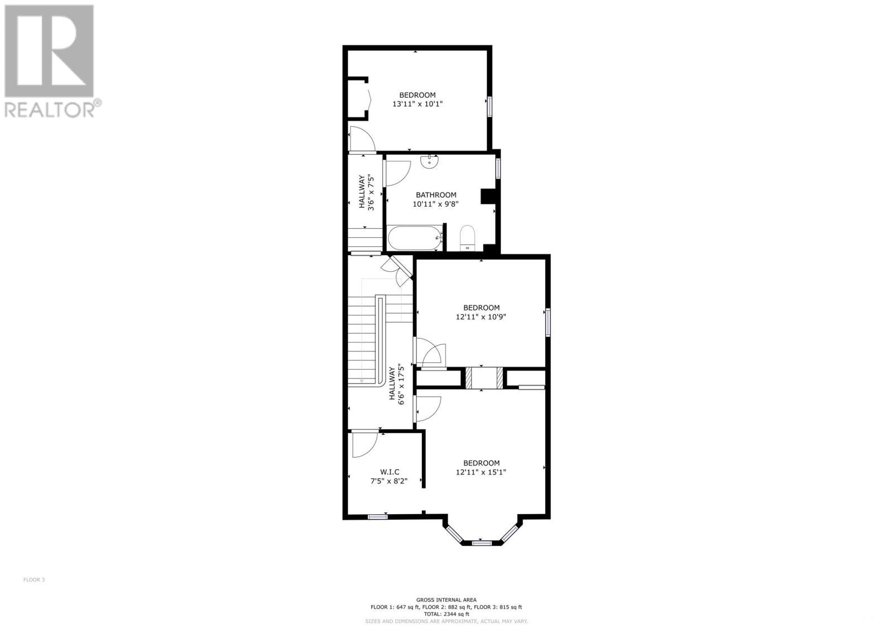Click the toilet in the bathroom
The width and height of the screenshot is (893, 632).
[467, 237]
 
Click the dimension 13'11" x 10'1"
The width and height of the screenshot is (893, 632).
[417, 104]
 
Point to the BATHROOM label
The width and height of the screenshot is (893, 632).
[436, 195]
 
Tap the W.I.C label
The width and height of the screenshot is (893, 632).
[389, 472]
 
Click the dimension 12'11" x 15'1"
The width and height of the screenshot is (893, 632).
[481, 472]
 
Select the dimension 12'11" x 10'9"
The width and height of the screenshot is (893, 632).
[481, 317]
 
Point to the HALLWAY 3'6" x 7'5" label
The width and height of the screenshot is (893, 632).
[366, 191]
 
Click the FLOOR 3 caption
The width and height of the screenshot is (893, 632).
[34, 580]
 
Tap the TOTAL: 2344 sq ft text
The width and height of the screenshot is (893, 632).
[446, 614]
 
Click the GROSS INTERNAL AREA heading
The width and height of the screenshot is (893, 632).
[446, 600]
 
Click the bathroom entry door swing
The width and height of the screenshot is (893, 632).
[397, 172]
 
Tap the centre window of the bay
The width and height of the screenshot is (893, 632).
[481, 543]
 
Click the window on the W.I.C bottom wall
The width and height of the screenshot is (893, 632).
[378, 516]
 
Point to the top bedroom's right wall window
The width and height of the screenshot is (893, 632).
[489, 106]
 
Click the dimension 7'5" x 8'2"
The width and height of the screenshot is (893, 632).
[389, 481]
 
